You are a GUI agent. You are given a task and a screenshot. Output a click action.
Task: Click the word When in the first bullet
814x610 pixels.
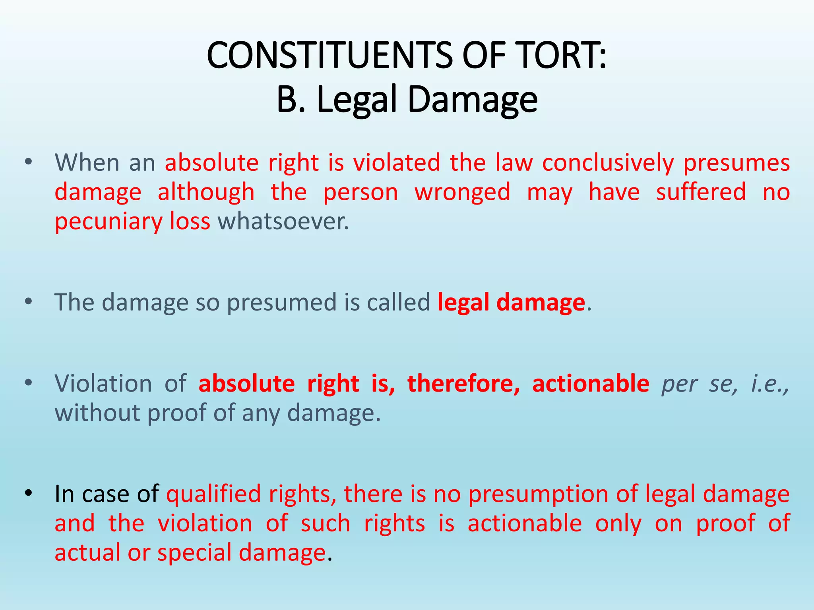pyautogui.click(x=87, y=162)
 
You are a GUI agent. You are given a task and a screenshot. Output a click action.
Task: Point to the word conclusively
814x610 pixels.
pyautogui.click(x=608, y=162)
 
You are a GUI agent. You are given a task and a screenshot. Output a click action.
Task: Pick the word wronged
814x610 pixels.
pyautogui.click(x=462, y=192)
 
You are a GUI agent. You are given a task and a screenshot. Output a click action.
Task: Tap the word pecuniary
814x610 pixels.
pyautogui.click(x=108, y=221)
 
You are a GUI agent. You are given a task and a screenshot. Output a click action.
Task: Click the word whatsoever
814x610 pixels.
pyautogui.click(x=283, y=221)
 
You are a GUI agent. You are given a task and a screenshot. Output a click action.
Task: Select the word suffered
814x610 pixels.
pyautogui.click(x=701, y=192)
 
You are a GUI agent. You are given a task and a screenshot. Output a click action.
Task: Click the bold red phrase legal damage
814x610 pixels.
pyautogui.click(x=511, y=302)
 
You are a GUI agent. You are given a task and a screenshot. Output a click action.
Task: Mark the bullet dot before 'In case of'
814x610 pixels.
pyautogui.click(x=27, y=494)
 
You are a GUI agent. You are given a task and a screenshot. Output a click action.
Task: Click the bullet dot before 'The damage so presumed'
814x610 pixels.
pyautogui.click(x=27, y=302)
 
